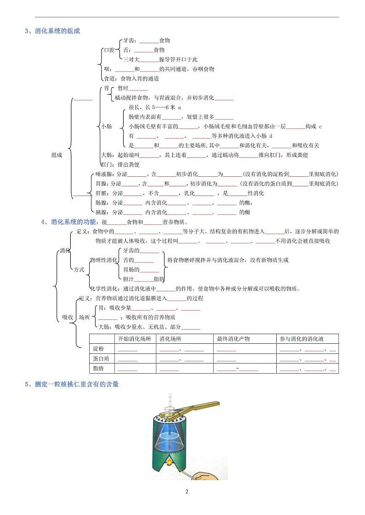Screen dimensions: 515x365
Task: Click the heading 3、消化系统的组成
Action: click(53, 31)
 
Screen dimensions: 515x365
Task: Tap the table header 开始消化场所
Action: click(134, 339)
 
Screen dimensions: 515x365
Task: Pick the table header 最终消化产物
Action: click(233, 339)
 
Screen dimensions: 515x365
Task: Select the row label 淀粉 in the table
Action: click(98, 349)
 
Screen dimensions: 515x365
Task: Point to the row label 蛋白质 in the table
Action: click(100, 358)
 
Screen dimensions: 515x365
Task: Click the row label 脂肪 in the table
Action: click(98, 368)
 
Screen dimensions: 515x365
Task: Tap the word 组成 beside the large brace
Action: click(57, 155)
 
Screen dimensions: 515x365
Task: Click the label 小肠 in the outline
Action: click(107, 126)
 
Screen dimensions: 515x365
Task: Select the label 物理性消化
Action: click(103, 260)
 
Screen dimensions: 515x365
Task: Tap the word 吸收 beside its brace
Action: click(67, 317)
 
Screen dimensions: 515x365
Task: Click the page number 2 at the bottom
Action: click(187, 492)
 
